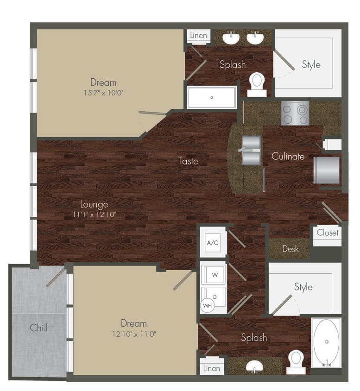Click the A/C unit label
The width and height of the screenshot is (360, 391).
[x=213, y=243]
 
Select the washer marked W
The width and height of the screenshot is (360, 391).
[x=215, y=275]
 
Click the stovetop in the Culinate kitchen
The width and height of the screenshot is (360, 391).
[x=295, y=113]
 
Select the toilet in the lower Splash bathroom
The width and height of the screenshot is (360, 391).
[x=295, y=361]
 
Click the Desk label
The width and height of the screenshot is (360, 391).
[x=291, y=249]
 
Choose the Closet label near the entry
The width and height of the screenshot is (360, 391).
[x=328, y=233]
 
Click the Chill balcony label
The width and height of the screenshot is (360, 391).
[x=39, y=328]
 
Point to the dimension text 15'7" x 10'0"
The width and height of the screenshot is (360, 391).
[x=103, y=92]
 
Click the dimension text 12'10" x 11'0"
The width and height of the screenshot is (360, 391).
[x=134, y=333]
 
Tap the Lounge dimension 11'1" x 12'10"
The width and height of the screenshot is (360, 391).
[x=94, y=214]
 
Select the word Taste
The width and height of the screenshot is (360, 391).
[x=188, y=161]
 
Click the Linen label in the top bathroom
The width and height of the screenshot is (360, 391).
[x=198, y=36]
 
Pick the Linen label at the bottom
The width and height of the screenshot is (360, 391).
[x=211, y=368]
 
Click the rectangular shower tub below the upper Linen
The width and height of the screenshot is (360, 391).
[x=212, y=97]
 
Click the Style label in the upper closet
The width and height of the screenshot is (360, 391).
[x=311, y=64]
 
